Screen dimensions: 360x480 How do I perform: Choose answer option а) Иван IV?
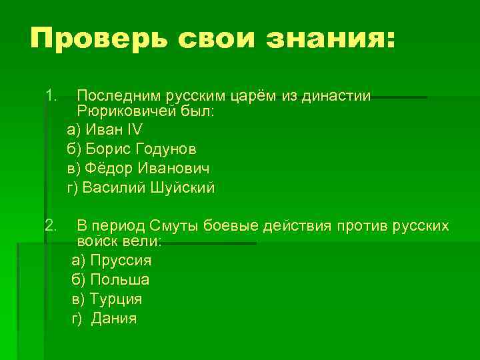coord(105,129)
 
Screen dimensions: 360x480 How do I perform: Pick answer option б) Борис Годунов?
coord(131,149)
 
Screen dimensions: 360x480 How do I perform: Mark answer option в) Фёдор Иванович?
coord(135,168)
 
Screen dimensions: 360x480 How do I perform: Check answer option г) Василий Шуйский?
coord(141,188)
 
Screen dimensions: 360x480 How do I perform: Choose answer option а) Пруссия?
coord(111,260)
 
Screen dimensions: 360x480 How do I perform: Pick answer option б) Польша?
coord(110,279)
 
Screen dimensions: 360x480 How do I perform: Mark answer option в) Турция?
coord(107,299)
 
